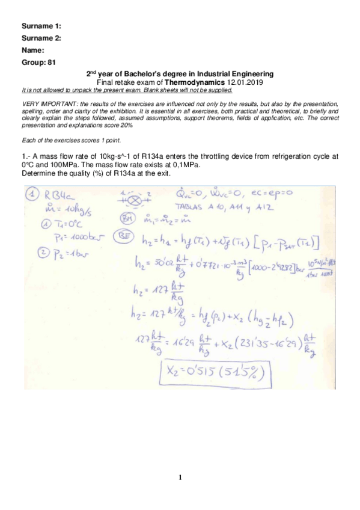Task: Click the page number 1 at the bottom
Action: [180, 478]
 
